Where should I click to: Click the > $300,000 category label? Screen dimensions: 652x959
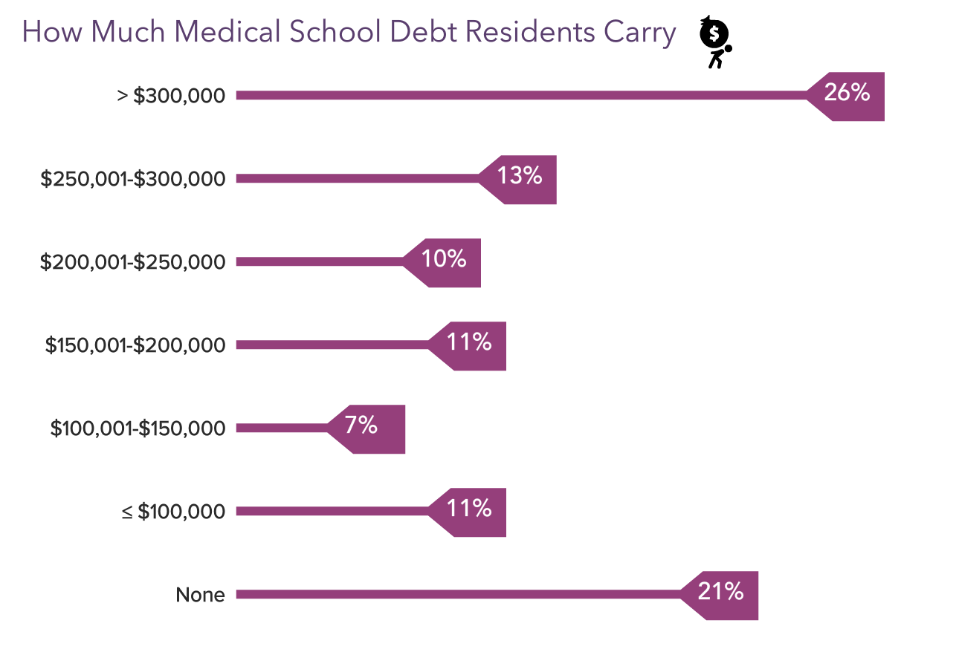point(171,95)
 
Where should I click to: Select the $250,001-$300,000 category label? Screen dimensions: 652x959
point(133,178)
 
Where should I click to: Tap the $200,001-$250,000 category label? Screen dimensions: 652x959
point(133,261)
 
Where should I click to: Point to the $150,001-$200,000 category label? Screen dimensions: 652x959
point(135,345)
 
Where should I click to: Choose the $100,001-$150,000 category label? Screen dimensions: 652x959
point(138,428)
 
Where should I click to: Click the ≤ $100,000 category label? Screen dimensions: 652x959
point(172,511)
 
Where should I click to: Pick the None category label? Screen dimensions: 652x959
point(200,594)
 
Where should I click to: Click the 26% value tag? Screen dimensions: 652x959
point(848,95)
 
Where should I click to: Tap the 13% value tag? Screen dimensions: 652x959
point(520,178)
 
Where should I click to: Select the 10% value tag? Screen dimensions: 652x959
point(445,261)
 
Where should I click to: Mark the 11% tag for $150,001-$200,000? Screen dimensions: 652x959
point(470,345)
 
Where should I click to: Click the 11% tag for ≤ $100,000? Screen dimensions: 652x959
point(470,511)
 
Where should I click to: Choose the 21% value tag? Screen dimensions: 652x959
point(722,594)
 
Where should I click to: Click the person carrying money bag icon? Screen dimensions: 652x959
point(716,42)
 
